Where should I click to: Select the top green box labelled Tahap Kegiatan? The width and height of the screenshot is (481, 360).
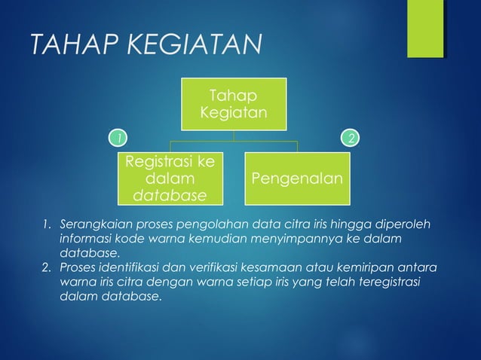(x=233, y=104)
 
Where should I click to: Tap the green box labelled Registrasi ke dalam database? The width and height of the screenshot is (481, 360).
(x=169, y=179)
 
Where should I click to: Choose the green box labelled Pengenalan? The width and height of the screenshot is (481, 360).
(x=297, y=178)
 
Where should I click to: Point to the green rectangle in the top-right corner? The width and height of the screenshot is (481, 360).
(x=425, y=29)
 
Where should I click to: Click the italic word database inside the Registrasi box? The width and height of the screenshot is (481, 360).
(x=169, y=197)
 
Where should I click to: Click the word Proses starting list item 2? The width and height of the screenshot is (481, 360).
(x=78, y=268)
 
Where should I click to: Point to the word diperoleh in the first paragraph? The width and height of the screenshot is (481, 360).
(x=410, y=224)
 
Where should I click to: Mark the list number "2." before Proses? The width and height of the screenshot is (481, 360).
(x=47, y=268)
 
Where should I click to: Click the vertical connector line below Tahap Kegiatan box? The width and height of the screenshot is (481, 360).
(x=233, y=135)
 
